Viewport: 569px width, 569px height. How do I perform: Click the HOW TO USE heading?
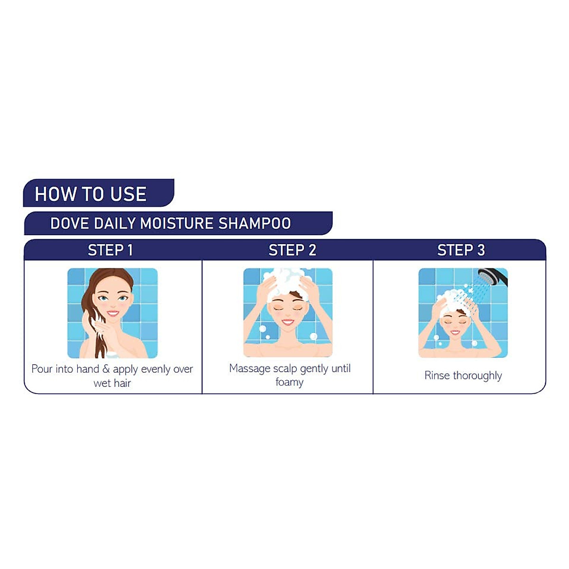click(x=91, y=194)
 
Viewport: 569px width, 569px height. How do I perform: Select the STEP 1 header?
click(x=110, y=250)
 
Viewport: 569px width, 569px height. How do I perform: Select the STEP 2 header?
click(x=292, y=250)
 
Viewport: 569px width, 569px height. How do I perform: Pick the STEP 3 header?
click(x=461, y=250)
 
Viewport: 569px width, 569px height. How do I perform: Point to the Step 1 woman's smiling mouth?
click(x=113, y=313)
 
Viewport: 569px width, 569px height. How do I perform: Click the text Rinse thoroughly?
click(x=463, y=376)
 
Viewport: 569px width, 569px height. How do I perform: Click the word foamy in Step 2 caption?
click(x=289, y=382)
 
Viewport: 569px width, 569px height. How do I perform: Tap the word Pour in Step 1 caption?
click(x=41, y=369)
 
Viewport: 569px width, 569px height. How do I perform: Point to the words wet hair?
click(x=112, y=383)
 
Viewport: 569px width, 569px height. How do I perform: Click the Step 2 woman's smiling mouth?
click(x=288, y=321)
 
